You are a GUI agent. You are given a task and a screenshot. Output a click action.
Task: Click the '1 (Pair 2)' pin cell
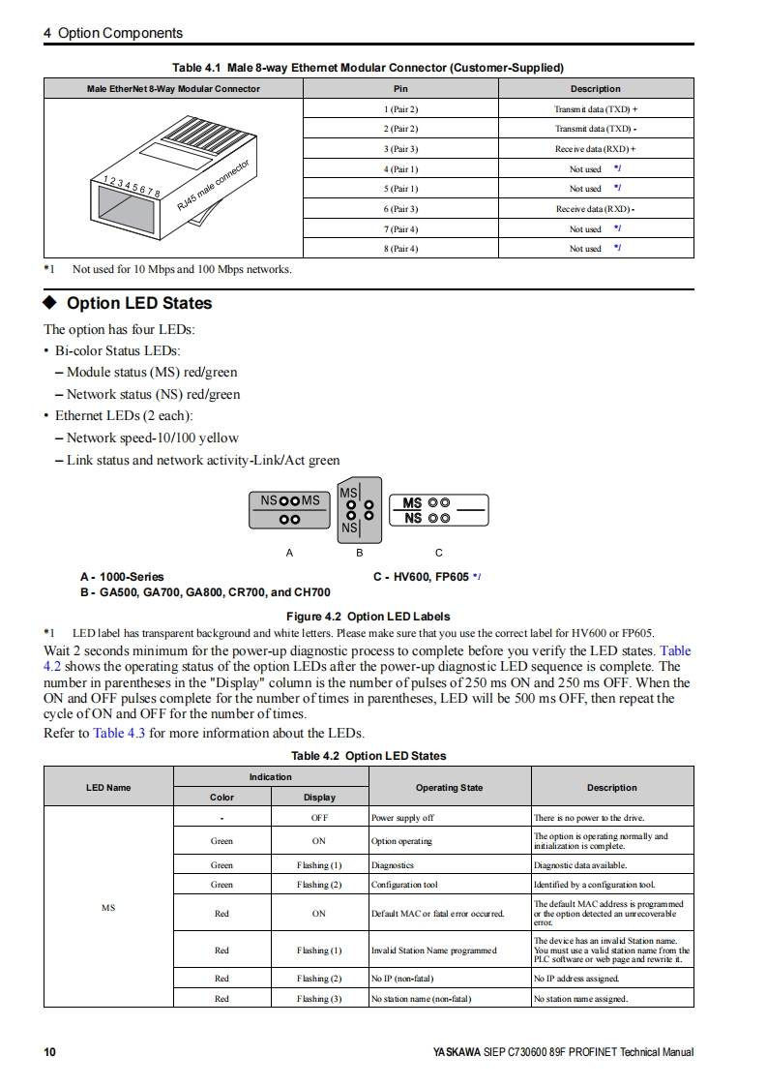[x=400, y=109]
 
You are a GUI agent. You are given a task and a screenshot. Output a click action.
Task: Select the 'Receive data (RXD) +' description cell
[x=595, y=149]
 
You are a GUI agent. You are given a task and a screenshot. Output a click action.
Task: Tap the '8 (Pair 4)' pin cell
[x=400, y=249]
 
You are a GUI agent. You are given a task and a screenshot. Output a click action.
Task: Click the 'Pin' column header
[x=400, y=89]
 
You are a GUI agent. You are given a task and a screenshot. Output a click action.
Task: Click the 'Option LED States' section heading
[x=139, y=303]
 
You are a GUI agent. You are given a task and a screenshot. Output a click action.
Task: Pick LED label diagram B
[x=359, y=510]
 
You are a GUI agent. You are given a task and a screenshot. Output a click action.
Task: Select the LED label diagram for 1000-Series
[x=289, y=510]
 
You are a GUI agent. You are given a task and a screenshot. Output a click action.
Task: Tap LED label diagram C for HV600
[x=439, y=509]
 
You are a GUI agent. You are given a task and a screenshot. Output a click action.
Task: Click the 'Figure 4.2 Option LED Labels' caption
[x=368, y=617]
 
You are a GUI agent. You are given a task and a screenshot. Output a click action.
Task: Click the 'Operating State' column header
[x=449, y=788]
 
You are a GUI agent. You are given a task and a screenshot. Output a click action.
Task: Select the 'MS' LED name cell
[x=108, y=908]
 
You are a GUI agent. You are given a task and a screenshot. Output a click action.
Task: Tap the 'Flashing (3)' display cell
[x=319, y=999]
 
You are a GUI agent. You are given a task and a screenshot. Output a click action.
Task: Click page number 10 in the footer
[x=50, y=1052]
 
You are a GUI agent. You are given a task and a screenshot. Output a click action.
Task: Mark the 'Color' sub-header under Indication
[x=221, y=798]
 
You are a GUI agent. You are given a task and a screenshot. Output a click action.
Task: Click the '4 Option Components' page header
[x=113, y=33]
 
